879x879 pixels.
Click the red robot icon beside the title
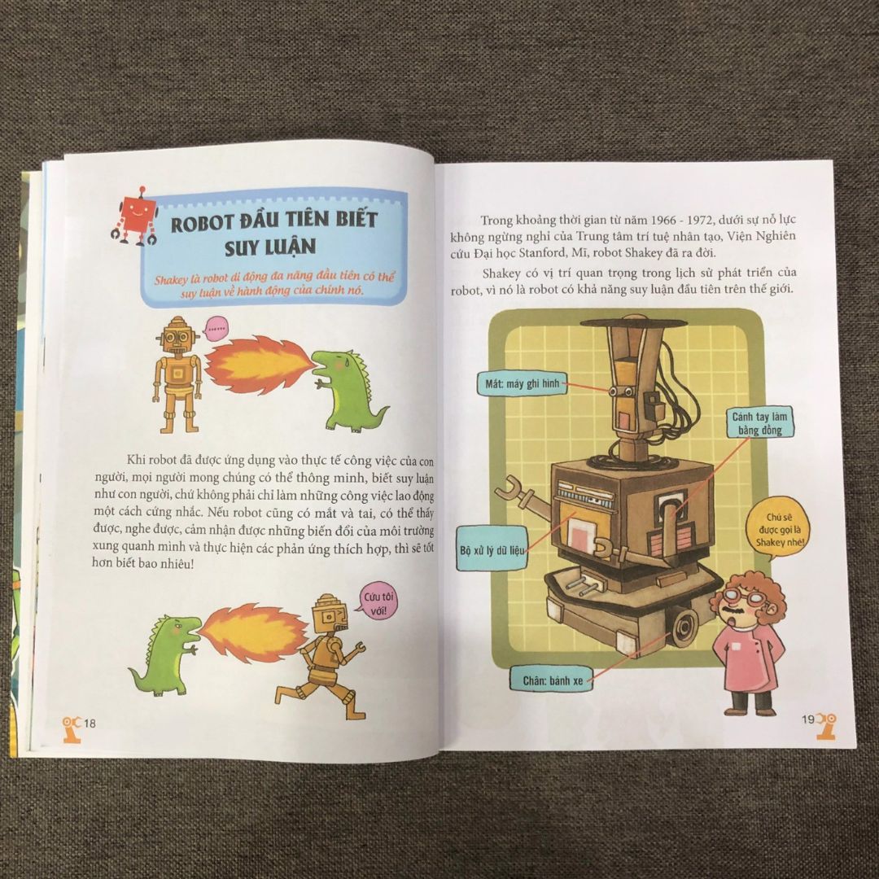click(134, 216)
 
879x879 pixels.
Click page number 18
click(90, 724)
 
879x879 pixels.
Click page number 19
click(808, 719)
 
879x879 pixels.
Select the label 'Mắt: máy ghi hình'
click(522, 384)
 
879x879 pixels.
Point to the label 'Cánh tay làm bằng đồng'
click(759, 423)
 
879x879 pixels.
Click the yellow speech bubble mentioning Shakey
click(779, 531)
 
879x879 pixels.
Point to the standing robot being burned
click(177, 374)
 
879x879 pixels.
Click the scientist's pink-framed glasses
click(746, 597)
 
